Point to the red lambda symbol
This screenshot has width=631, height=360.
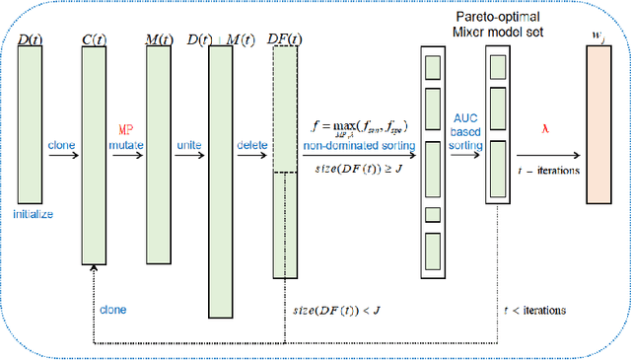point(544,127)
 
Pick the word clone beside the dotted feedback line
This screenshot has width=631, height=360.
point(112,309)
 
